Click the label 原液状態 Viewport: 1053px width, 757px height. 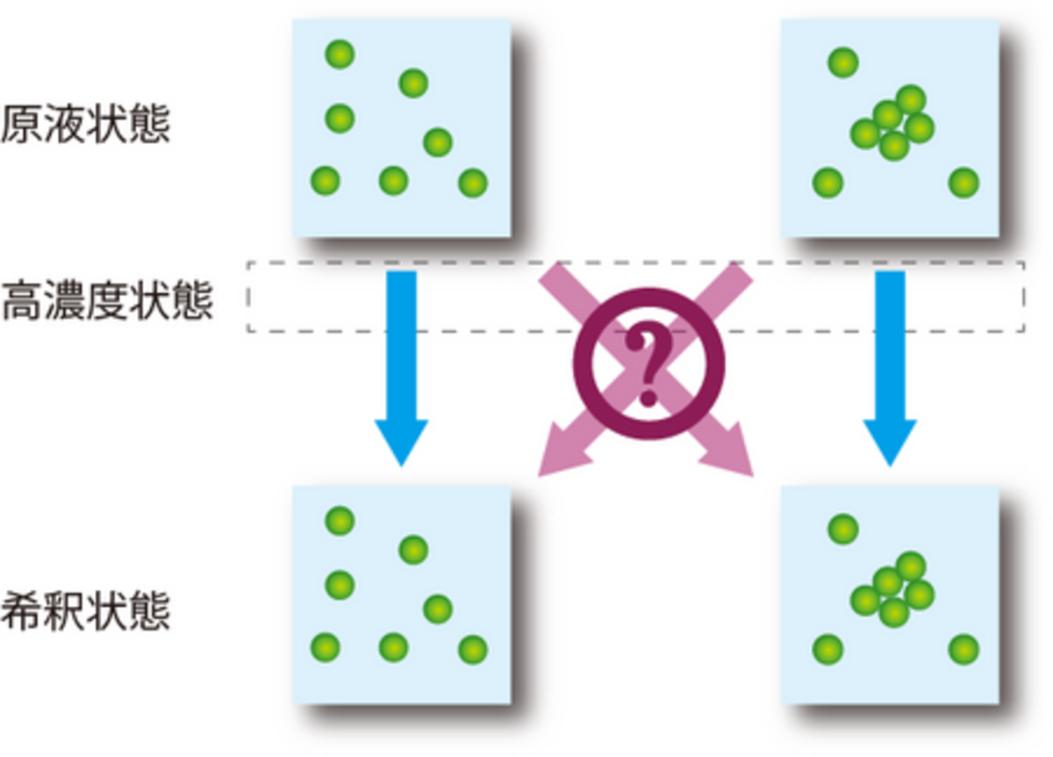coord(85,125)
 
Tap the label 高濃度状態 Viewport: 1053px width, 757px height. coord(107,300)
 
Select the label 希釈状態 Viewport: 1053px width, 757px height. coord(85,611)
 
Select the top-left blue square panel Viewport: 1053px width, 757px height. coord(401,128)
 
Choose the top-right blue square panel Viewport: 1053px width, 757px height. coord(890,128)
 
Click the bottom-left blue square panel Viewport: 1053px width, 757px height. coord(401,595)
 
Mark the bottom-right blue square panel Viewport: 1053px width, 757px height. coord(890,595)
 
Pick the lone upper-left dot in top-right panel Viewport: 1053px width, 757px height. coord(842,62)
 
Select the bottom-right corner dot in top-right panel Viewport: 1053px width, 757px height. coord(963,183)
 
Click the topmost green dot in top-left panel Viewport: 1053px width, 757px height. coord(340,54)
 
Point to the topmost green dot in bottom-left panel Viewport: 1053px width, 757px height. coord(340,521)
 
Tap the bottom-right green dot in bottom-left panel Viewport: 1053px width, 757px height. coord(472,649)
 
